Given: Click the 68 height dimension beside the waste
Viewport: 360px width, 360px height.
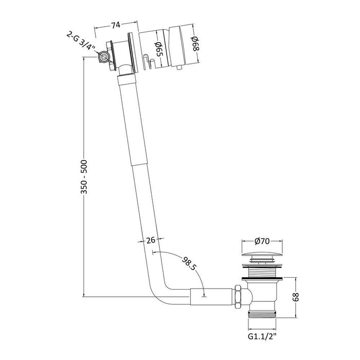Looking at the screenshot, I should [x=296, y=297].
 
